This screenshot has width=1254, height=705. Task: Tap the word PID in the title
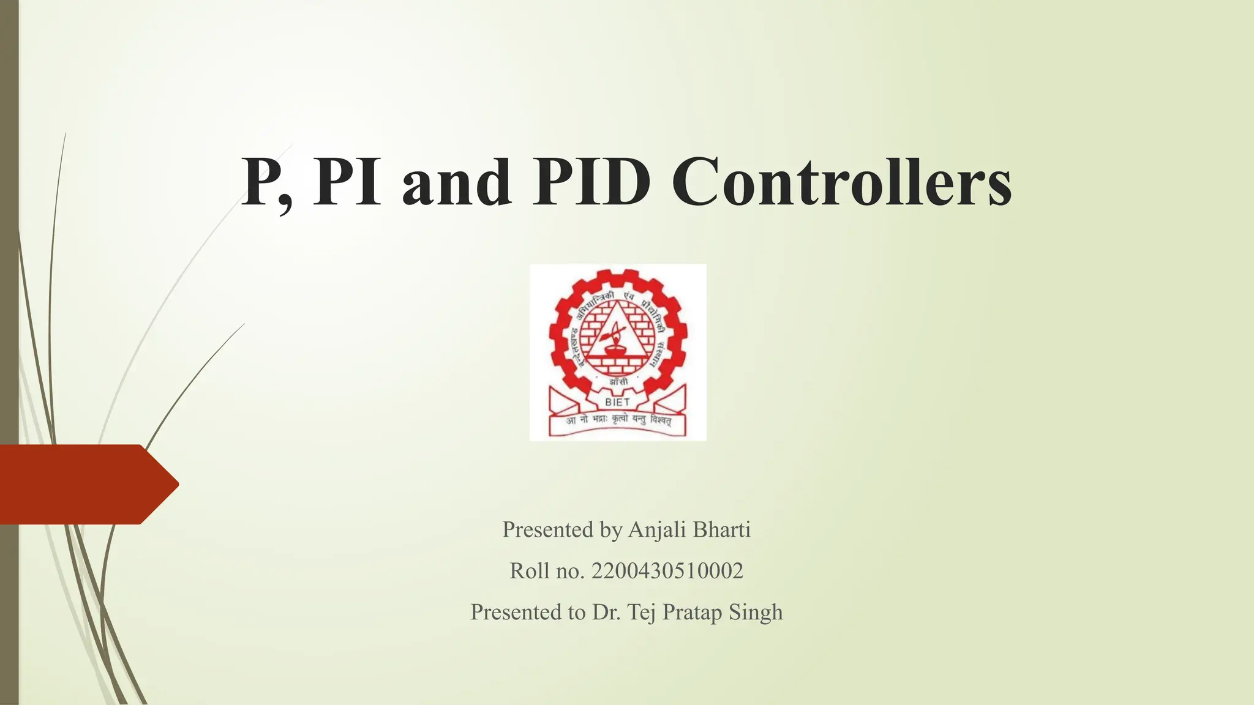pos(591,182)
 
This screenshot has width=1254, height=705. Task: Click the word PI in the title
pos(347,182)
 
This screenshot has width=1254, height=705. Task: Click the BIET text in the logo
pos(617,402)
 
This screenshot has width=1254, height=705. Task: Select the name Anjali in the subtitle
pos(657,530)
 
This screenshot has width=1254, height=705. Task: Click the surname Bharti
pos(721,529)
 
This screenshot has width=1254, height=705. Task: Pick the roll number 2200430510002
pos(667,571)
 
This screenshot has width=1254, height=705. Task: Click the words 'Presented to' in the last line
pos(528,612)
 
